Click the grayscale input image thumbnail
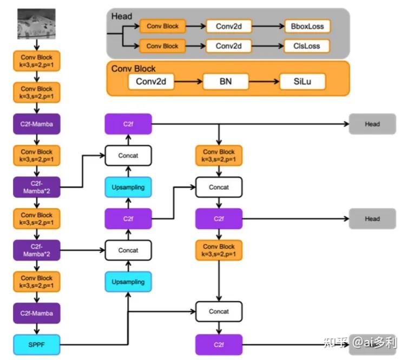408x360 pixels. tap(36, 24)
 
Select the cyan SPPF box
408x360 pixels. tap(37, 345)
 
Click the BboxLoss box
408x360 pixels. tap(307, 26)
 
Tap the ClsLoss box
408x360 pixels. tap(307, 46)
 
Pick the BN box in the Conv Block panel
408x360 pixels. tap(226, 82)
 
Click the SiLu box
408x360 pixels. tap(302, 82)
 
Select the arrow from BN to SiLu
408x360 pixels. tap(264, 82)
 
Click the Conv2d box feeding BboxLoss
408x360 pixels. tap(229, 26)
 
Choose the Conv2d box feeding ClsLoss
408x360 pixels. tap(229, 46)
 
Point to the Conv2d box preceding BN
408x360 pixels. tap(151, 82)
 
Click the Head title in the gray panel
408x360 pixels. tap(122, 16)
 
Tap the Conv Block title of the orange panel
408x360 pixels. tap(133, 69)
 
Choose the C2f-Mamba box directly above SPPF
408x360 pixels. tap(37, 313)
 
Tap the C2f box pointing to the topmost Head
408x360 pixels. tap(128, 124)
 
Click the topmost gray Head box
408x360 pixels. tap(372, 124)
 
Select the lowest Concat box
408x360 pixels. tap(219, 311)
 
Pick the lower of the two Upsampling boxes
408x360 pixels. tap(128, 282)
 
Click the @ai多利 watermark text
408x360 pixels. tap(374, 342)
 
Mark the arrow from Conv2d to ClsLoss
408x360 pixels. tap(268, 46)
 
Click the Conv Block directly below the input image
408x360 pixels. tap(37, 61)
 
